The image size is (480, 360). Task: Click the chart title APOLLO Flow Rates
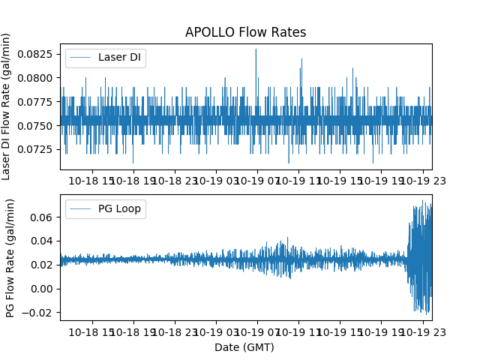[x=245, y=32]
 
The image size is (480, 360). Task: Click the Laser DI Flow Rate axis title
[x=7, y=106]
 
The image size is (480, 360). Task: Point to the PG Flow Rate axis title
[x=10, y=257]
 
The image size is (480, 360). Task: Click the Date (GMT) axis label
[x=245, y=347]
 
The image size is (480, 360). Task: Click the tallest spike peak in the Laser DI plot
[x=256, y=49]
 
